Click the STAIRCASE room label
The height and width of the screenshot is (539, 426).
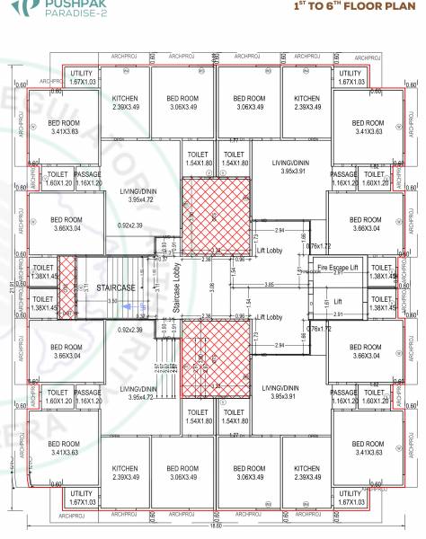[115, 287]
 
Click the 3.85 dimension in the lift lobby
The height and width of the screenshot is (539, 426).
[269, 285]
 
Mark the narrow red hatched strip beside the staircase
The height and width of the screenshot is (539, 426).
[66, 287]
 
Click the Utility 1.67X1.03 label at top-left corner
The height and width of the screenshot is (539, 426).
[81, 77]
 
